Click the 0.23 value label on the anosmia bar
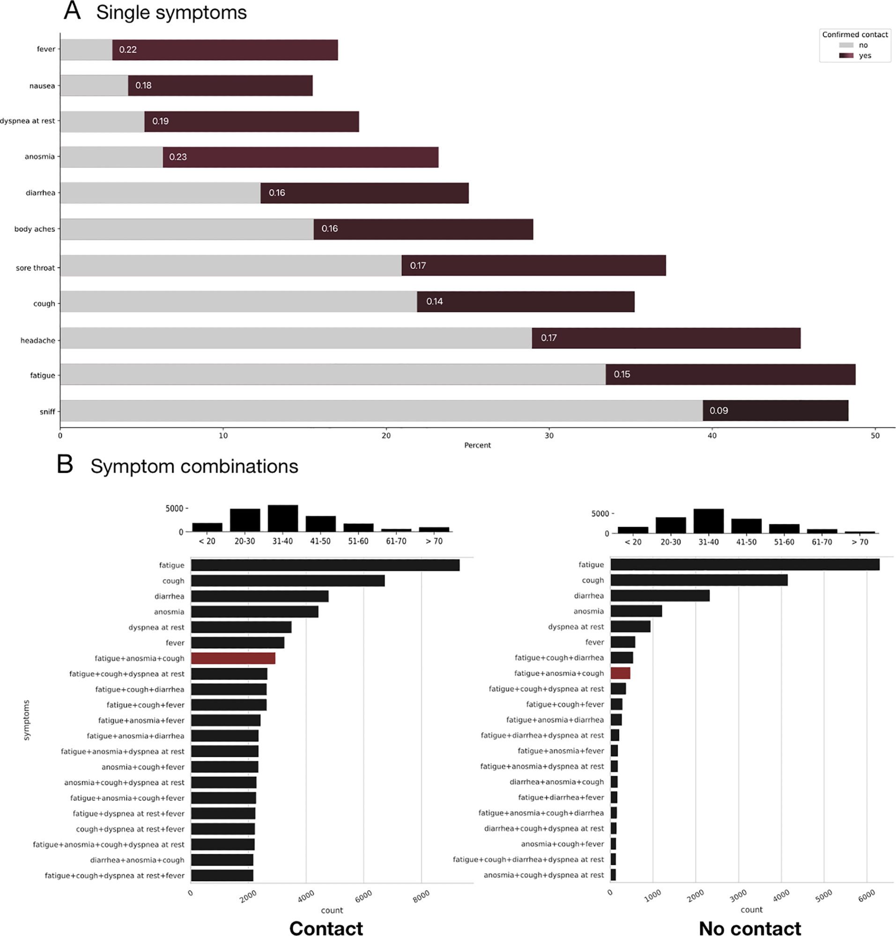click(x=178, y=157)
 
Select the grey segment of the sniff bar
click(x=381, y=410)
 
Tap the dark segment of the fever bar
click(x=225, y=50)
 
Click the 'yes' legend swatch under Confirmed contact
click(x=846, y=56)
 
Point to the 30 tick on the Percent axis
click(x=549, y=435)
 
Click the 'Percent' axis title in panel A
click(x=477, y=446)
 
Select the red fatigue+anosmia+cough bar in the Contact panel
click(x=233, y=658)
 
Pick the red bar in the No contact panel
click(x=621, y=673)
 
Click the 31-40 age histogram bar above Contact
click(x=282, y=519)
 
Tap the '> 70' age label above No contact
click(x=860, y=542)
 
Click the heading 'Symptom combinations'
click(x=194, y=466)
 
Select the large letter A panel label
click(x=72, y=10)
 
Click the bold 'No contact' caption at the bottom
click(x=749, y=929)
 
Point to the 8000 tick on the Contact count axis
click(x=421, y=896)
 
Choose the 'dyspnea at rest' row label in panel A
click(x=27, y=121)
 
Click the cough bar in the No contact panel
click(x=699, y=580)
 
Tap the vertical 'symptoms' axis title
click(x=26, y=720)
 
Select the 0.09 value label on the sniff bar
click(x=718, y=411)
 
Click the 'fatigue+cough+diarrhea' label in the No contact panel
click(x=559, y=658)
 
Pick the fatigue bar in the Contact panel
click(x=325, y=565)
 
